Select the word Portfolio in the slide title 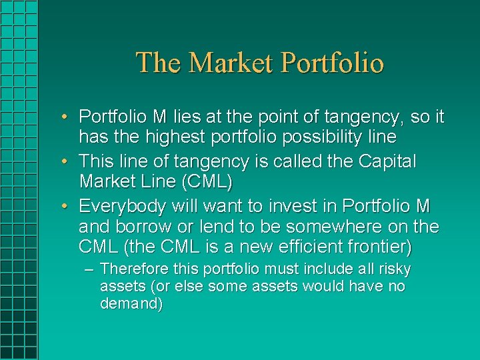(333, 63)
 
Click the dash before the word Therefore (90, 270)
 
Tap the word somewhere (335, 227)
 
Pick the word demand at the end (131, 304)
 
